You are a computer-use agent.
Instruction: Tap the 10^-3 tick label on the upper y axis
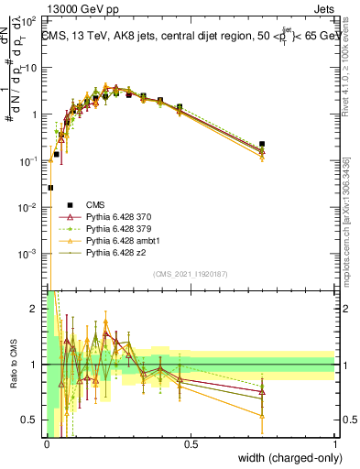click(29, 253)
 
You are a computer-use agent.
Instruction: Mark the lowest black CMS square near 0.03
click(50, 188)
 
